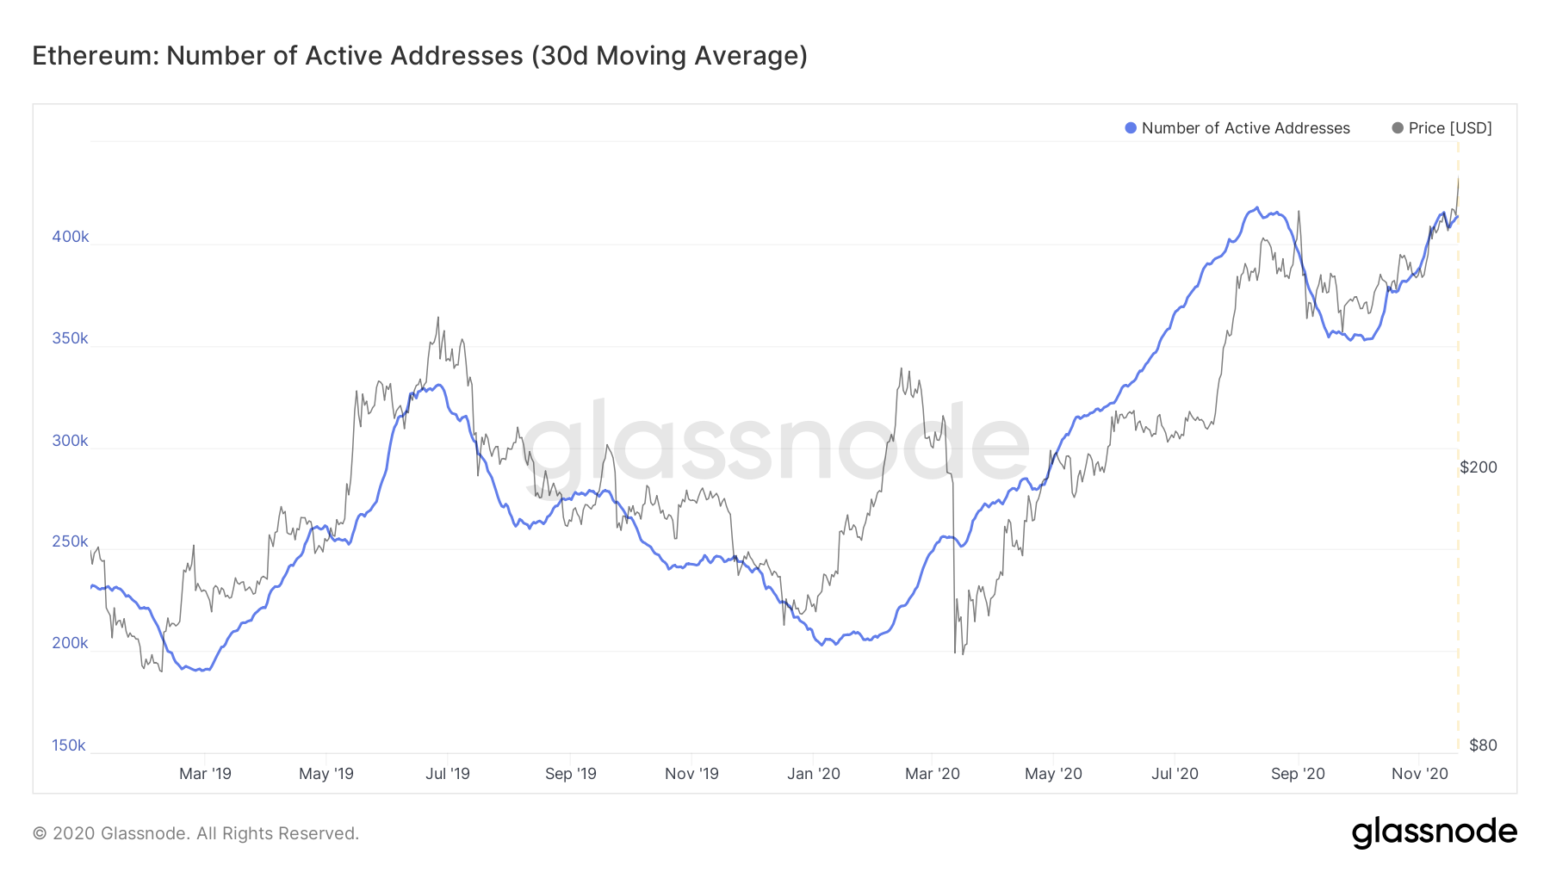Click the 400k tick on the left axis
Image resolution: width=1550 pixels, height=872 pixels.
pyautogui.click(x=70, y=237)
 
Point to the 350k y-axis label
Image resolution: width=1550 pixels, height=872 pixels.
pyautogui.click(x=70, y=338)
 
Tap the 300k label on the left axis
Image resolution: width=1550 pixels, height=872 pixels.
pyautogui.click(x=70, y=441)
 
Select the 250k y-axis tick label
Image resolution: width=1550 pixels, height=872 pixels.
pyautogui.click(x=70, y=541)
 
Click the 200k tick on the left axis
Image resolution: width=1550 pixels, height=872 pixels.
pyautogui.click(x=70, y=643)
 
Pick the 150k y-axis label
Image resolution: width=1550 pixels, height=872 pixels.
pyautogui.click(x=69, y=745)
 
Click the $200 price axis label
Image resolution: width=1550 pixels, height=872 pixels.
pyautogui.click(x=1479, y=467)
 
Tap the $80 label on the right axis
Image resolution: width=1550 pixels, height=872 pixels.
pyautogui.click(x=1483, y=745)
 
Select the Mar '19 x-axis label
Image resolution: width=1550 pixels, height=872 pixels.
pyautogui.click(x=205, y=774)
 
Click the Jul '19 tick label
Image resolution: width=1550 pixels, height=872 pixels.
pyautogui.click(x=448, y=774)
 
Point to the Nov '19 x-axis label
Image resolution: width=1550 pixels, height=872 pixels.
pyautogui.click(x=691, y=774)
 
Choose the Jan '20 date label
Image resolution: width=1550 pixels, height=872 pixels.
pyautogui.click(x=814, y=774)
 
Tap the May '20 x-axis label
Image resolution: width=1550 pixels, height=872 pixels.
pyautogui.click(x=1053, y=774)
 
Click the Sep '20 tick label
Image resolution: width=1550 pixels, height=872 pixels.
pyautogui.click(x=1298, y=774)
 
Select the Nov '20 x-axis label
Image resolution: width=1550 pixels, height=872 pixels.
pyautogui.click(x=1420, y=774)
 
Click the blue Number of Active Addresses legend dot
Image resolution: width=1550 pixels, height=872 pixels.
pyautogui.click(x=1131, y=128)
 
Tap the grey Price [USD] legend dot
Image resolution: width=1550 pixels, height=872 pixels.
pyautogui.click(x=1398, y=128)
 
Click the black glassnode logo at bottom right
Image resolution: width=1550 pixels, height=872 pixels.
pyautogui.click(x=1434, y=832)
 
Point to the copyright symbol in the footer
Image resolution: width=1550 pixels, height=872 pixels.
pyautogui.click(x=40, y=833)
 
